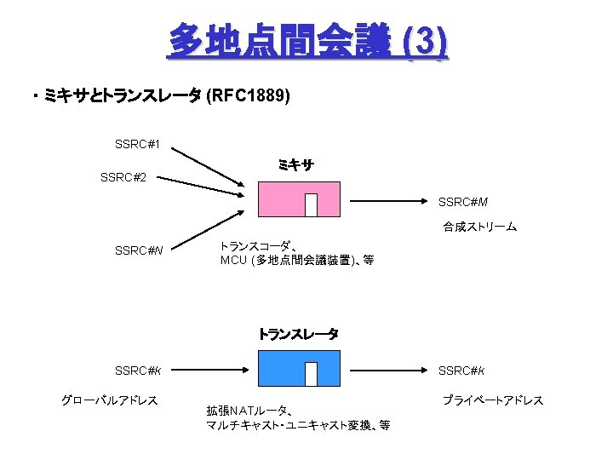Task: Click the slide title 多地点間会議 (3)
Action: tap(306, 41)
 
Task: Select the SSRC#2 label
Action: tap(123, 177)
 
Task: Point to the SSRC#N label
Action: tap(139, 250)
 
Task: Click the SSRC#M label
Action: tap(463, 202)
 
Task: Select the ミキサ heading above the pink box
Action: tap(295, 165)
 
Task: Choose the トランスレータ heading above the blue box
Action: tap(298, 334)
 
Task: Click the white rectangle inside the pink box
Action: tap(311, 205)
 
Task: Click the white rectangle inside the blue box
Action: tap(311, 374)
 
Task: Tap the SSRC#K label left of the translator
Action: tap(138, 371)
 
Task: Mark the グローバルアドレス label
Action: tap(110, 400)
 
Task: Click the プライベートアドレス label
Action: tap(492, 400)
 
